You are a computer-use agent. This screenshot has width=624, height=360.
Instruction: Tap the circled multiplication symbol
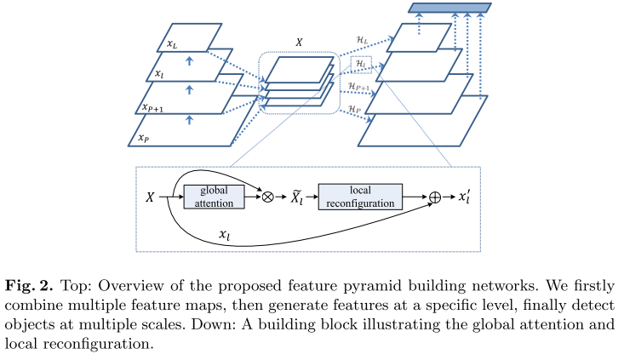tap(267, 197)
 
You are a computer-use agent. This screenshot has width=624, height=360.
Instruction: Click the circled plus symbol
tap(435, 197)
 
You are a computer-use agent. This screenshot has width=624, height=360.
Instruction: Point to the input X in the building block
tap(150, 197)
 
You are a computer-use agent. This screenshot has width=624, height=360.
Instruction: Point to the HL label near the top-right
tap(362, 40)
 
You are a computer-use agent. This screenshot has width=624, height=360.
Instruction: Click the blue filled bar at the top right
tap(449, 9)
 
